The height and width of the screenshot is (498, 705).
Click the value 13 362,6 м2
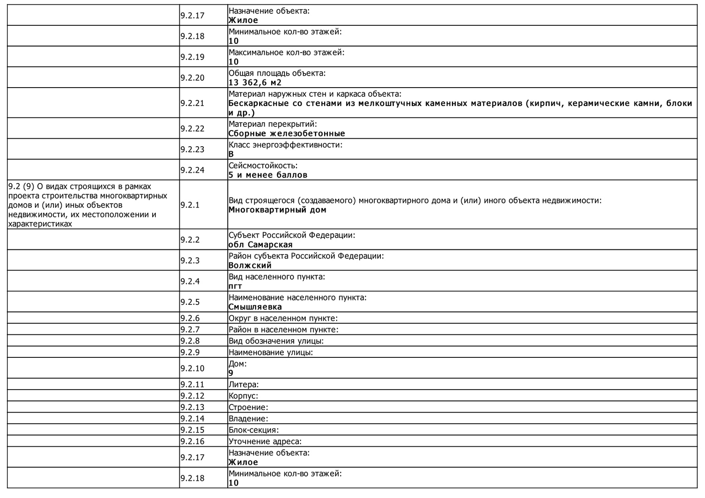tap(255, 83)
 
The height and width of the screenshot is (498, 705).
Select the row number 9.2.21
tap(192, 103)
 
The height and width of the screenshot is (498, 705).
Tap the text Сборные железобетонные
tap(286, 133)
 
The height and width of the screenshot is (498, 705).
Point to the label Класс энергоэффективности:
tap(285, 145)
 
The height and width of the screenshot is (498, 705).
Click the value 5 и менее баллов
tap(267, 175)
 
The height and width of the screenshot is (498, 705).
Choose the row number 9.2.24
tap(192, 170)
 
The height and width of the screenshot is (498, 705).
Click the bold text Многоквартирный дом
tap(277, 210)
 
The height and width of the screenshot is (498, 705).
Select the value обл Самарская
tap(260, 244)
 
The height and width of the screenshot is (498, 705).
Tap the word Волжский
tap(250, 265)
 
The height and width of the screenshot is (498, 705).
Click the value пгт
tap(235, 286)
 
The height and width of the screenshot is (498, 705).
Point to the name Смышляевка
tap(255, 307)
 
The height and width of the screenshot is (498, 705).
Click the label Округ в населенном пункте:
tap(283, 318)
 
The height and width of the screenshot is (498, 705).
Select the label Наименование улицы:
tap(271, 353)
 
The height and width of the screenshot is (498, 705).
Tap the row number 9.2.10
tap(192, 368)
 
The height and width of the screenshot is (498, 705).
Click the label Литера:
tap(243, 385)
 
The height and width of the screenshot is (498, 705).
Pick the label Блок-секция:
tap(254, 430)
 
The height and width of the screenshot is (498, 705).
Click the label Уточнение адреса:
tap(265, 441)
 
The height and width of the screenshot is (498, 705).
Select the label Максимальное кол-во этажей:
tap(286, 53)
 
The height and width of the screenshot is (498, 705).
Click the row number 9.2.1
tap(190, 205)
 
